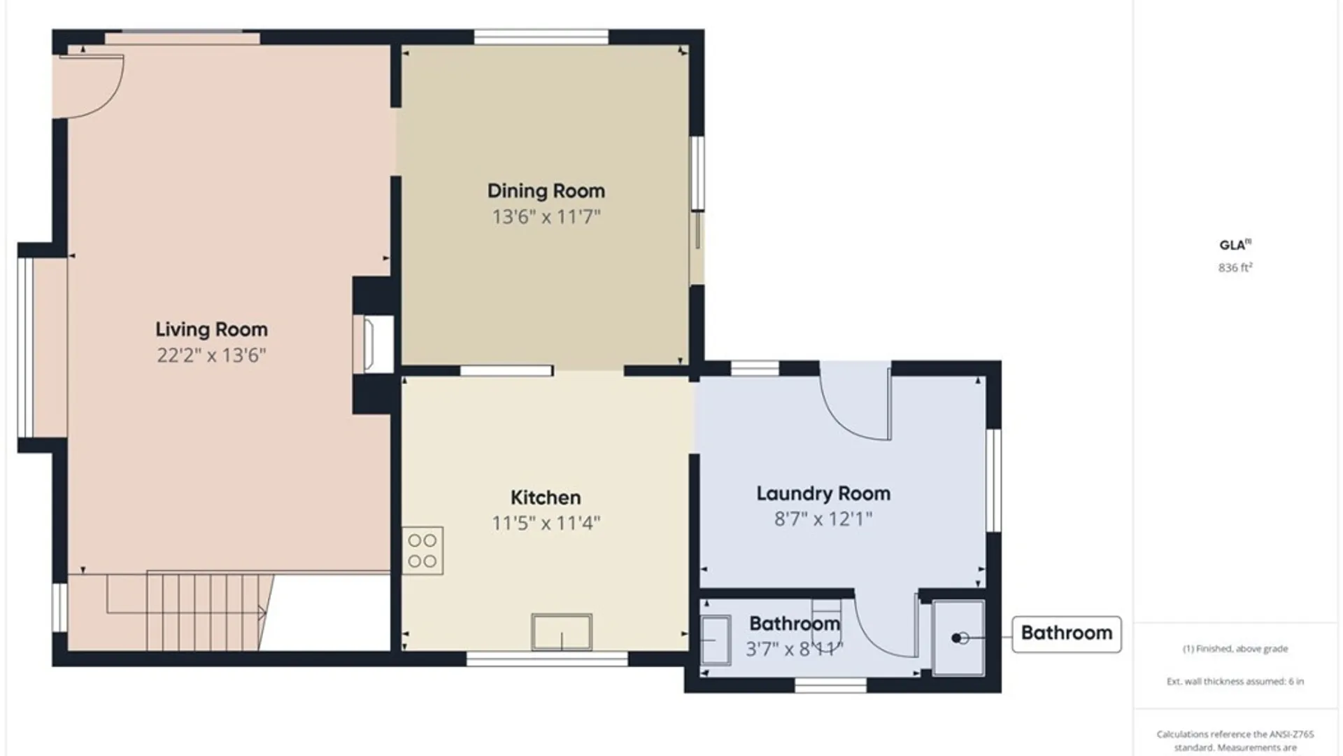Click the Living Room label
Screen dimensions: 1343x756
click(x=211, y=329)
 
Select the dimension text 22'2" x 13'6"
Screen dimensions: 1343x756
click(x=211, y=355)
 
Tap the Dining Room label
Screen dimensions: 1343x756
click(x=546, y=190)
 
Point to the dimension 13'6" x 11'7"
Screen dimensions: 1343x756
click(x=546, y=216)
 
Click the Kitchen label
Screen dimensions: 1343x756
click(x=546, y=497)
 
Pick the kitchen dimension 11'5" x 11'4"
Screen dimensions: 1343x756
click(x=546, y=523)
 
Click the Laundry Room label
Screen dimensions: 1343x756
click(x=823, y=493)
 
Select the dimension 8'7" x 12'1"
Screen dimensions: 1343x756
click(x=823, y=519)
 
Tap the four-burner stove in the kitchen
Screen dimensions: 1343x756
click(x=422, y=551)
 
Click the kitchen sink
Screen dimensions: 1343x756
click(x=562, y=632)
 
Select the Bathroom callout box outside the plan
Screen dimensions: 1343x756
click(x=1067, y=633)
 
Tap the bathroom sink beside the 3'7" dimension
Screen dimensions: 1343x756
click(x=716, y=640)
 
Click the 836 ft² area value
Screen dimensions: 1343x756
click(x=1235, y=267)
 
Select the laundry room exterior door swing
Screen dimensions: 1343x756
click(x=855, y=402)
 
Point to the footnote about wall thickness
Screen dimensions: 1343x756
click(x=1235, y=681)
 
